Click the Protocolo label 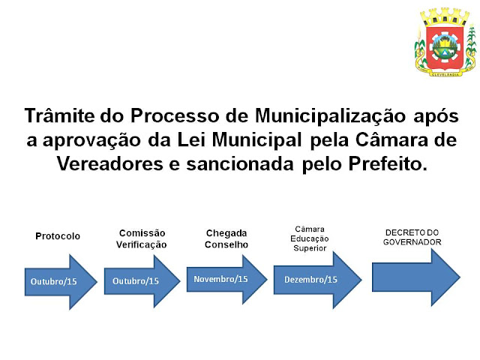click(x=57, y=236)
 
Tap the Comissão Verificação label click(x=142, y=238)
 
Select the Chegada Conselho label click(x=226, y=238)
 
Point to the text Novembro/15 click(x=220, y=279)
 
